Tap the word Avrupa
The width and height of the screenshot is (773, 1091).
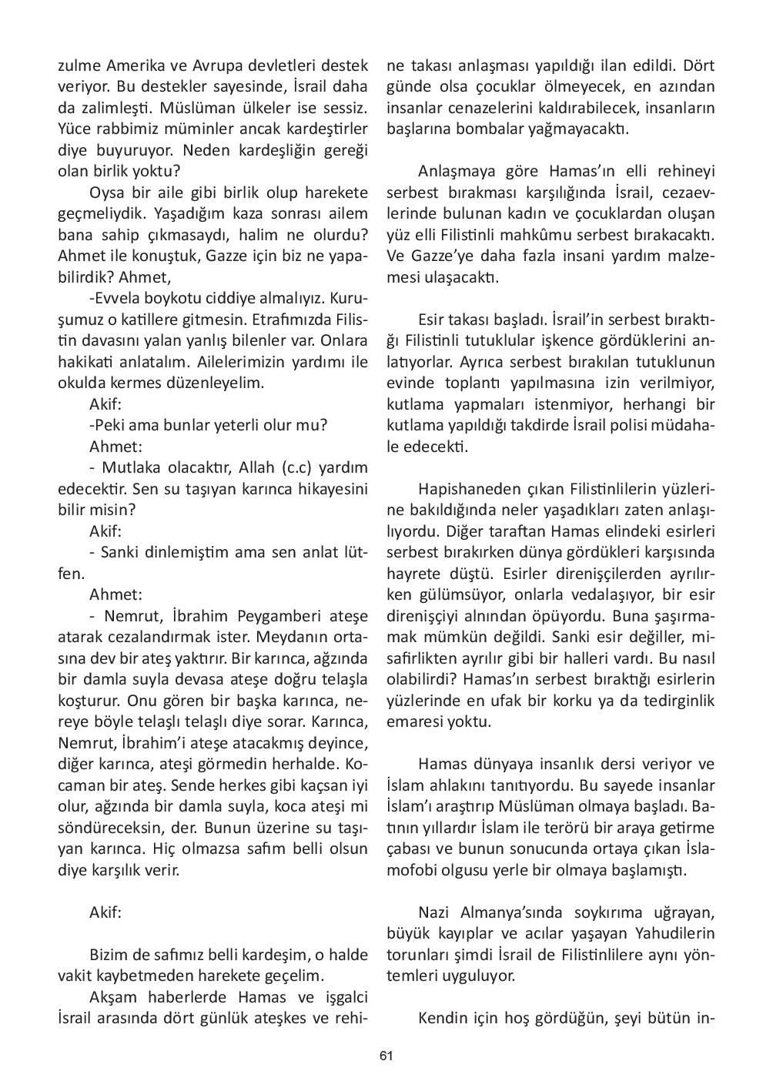tap(195, 65)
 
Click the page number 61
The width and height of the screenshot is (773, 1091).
tap(386, 1056)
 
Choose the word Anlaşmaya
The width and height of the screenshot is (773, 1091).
tap(455, 171)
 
